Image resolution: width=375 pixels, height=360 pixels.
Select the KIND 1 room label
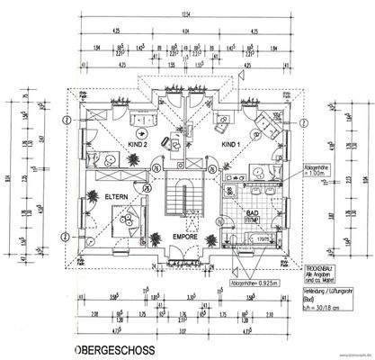(x=230, y=144)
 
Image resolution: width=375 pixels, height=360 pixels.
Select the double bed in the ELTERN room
(x=123, y=220)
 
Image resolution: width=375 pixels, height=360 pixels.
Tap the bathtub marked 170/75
(x=254, y=239)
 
